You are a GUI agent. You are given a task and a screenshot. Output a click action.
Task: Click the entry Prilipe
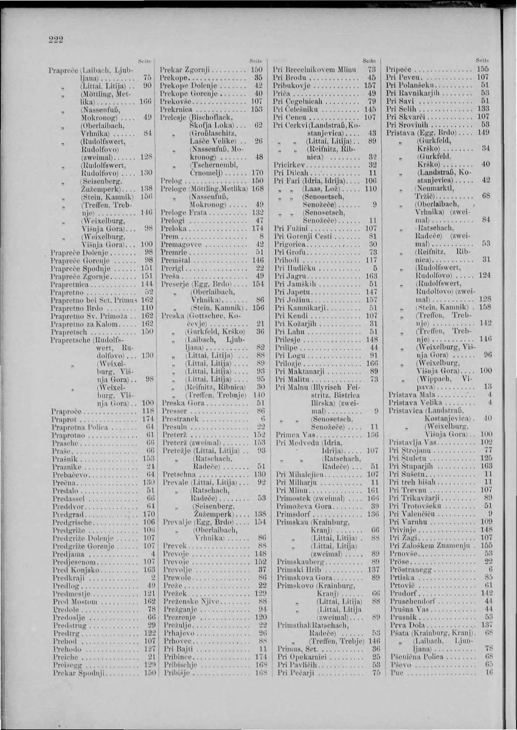point(287,348)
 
